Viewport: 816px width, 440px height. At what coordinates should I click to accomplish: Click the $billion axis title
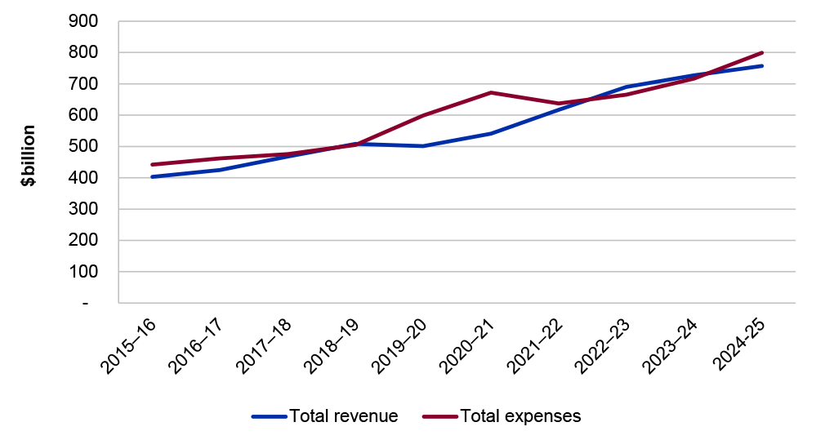pyautogui.click(x=29, y=156)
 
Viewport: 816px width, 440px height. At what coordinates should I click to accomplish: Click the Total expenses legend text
pyautogui.click(x=520, y=416)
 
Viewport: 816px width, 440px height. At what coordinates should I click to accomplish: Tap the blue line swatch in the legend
pyautogui.click(x=270, y=416)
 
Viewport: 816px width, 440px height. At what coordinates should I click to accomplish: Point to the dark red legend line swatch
pyautogui.click(x=439, y=416)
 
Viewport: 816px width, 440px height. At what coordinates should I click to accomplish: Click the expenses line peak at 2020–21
pyautogui.click(x=491, y=92)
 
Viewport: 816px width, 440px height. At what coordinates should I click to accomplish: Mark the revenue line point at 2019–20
pyautogui.click(x=423, y=146)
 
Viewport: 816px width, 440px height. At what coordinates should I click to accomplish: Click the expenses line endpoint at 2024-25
pyautogui.click(x=762, y=52)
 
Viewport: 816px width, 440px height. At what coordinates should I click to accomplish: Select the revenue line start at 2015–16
pyautogui.click(x=152, y=176)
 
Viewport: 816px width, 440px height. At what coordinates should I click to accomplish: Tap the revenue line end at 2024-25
pyautogui.click(x=762, y=65)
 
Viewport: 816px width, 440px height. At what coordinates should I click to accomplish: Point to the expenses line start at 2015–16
pyautogui.click(x=152, y=164)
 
